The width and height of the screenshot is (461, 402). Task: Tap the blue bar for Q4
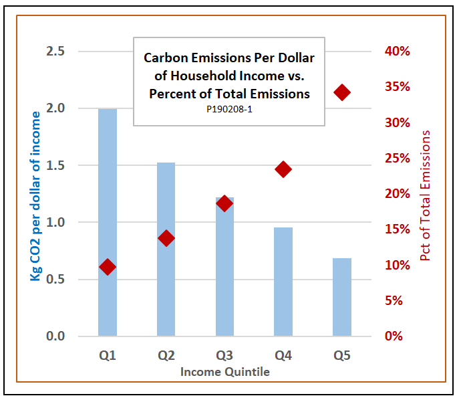click(x=283, y=281)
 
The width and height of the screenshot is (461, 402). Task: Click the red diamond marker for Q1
click(x=108, y=267)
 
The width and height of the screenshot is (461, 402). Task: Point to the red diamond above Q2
click(x=166, y=238)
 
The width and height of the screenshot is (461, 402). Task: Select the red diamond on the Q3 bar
click(x=224, y=203)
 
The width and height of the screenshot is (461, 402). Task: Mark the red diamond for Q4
click(x=283, y=169)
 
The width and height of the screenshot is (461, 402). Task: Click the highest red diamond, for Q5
click(x=342, y=92)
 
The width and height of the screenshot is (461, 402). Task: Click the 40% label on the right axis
click(x=398, y=52)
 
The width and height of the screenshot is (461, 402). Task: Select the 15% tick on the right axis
click(x=398, y=229)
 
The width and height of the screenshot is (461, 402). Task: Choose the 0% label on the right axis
click(x=400, y=336)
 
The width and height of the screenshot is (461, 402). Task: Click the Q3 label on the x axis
click(x=224, y=355)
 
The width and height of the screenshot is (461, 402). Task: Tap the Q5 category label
click(x=342, y=355)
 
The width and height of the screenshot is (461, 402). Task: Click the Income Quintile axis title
click(x=224, y=371)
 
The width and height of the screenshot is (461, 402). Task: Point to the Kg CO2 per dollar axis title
click(x=35, y=195)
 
